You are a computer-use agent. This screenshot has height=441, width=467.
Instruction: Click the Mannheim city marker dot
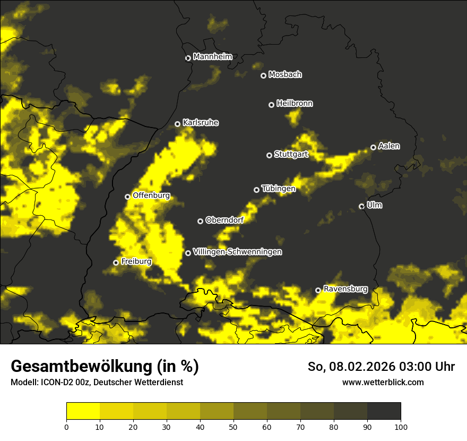point(188,58)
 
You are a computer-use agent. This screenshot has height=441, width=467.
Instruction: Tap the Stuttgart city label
point(291,155)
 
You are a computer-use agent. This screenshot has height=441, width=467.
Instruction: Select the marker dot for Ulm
point(361,206)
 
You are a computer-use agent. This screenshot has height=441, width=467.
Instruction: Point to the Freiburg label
point(136,261)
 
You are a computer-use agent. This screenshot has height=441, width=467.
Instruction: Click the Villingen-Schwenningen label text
point(237,252)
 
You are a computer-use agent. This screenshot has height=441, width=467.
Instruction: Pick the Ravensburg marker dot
point(318,290)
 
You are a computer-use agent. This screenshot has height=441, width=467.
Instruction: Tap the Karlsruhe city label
point(200,123)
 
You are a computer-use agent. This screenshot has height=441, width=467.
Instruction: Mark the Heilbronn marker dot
point(271,105)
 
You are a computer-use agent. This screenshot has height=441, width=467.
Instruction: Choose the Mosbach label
point(284,74)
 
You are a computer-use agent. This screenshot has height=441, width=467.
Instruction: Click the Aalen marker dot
point(373,147)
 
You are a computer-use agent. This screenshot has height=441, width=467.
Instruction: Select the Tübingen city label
point(278,189)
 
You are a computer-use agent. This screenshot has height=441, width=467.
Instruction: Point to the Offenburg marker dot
point(127,197)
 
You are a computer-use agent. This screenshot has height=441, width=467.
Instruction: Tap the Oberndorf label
point(224,220)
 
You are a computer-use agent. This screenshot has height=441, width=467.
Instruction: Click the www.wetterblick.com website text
point(383,382)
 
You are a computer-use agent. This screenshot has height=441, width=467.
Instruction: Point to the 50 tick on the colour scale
point(233,427)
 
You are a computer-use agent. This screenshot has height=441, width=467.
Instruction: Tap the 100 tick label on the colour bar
point(401,427)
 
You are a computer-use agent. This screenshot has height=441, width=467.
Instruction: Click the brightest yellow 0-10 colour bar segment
point(83,411)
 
